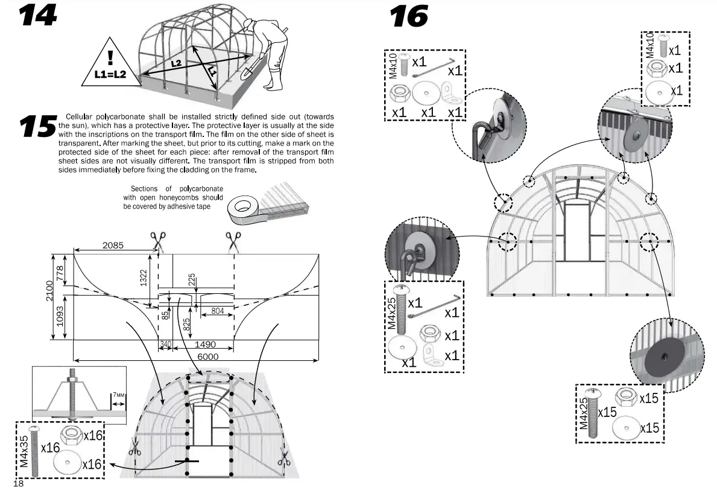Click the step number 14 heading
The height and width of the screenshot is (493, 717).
point(37,16)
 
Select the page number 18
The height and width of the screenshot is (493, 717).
point(17,485)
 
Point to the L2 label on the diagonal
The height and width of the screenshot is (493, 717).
point(175,63)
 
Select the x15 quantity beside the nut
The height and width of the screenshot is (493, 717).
point(648,398)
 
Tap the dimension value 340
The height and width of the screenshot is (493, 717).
point(165,345)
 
